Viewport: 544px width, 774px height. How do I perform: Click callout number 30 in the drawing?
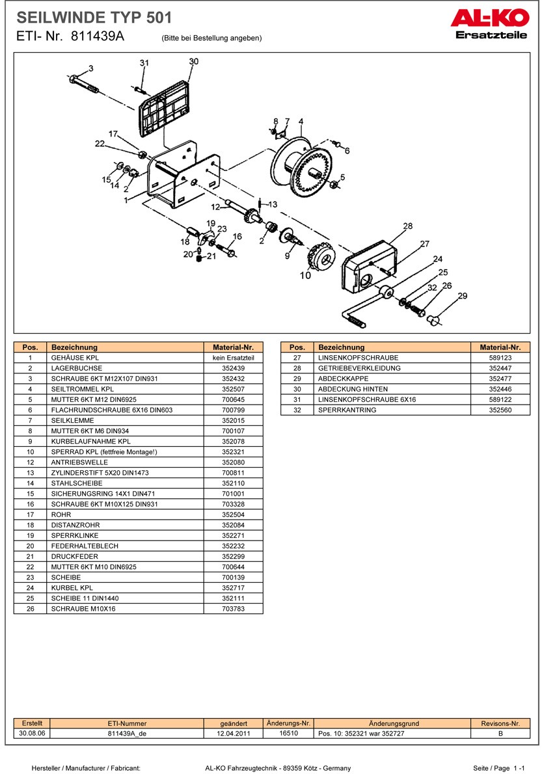tap(193, 61)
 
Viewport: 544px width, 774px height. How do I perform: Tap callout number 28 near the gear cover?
tap(408, 226)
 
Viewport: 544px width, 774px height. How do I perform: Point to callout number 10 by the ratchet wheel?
tap(305, 275)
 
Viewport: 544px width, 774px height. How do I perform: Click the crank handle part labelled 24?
tap(368, 305)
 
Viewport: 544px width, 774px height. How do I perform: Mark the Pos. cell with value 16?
tap(31, 504)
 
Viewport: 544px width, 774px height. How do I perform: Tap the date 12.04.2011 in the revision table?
tap(234, 733)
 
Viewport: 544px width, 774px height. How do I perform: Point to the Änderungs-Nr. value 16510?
tap(288, 733)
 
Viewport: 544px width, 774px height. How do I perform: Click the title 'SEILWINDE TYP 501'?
tap(94, 17)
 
